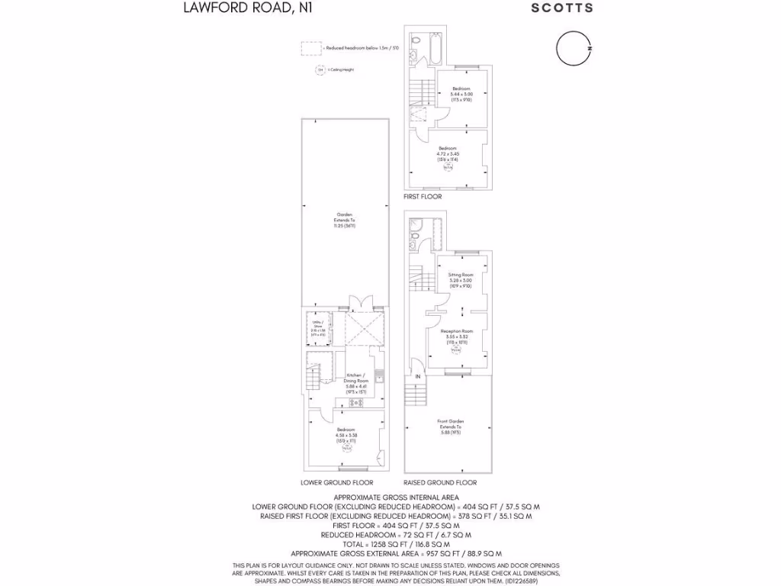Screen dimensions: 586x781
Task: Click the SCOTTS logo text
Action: tap(561, 8)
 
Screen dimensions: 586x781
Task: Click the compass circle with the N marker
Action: tap(572, 48)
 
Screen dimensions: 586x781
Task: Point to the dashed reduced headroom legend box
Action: tap(310, 48)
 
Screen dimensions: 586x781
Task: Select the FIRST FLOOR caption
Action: tap(423, 197)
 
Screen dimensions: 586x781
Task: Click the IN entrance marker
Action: tap(418, 377)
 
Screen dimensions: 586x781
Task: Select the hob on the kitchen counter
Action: tap(355, 402)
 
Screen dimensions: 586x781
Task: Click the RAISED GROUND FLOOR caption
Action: tap(440, 483)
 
